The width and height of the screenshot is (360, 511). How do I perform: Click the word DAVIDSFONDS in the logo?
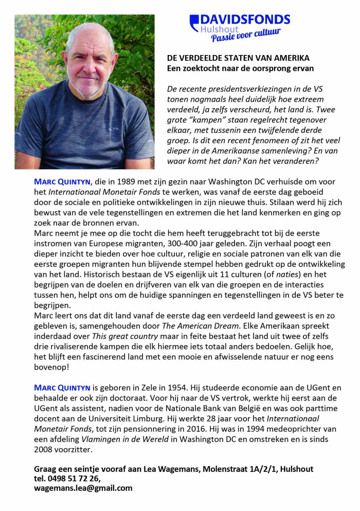pyautogui.click(x=245, y=20)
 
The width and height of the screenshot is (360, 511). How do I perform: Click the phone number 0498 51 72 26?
pyautogui.click(x=75, y=479)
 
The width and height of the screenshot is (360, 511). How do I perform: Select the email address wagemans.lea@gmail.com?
pyautogui.click(x=83, y=488)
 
